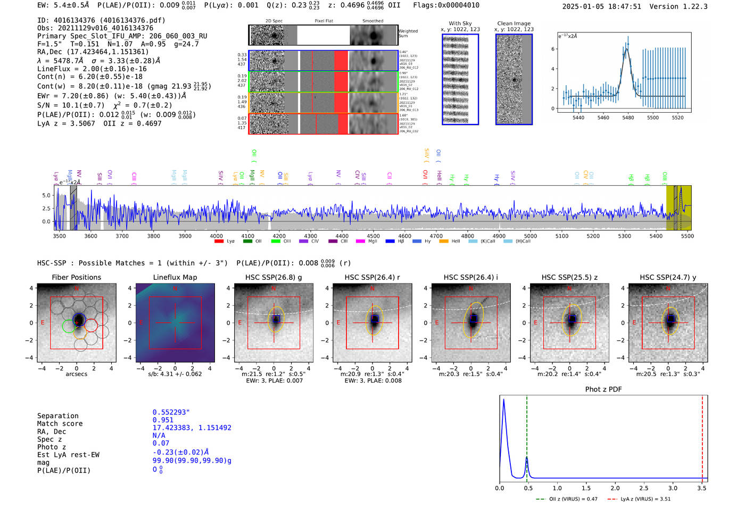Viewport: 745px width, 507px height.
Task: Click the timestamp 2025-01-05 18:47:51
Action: point(602,6)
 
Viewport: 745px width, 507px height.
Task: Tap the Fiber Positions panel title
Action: point(76,277)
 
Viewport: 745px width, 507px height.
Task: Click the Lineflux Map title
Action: point(175,277)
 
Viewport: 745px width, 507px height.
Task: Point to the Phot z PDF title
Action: point(603,389)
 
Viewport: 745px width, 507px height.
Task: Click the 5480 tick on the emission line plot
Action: point(628,118)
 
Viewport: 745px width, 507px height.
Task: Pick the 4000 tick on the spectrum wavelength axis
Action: point(216,236)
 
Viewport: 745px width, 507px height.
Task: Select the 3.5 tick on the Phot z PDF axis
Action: point(702,488)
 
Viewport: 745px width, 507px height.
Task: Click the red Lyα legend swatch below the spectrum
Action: point(219,242)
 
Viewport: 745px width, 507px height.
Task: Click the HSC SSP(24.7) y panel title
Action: point(668,277)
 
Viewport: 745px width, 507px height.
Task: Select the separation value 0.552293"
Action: point(171,412)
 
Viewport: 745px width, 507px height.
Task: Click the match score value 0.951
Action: point(163,420)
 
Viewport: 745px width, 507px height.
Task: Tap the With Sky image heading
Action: point(460,23)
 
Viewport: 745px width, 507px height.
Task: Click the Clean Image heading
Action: point(514,23)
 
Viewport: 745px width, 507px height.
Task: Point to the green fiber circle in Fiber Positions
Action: point(69,327)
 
